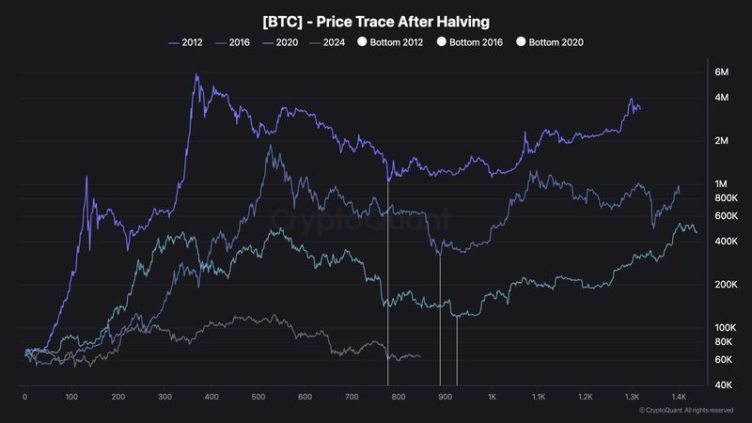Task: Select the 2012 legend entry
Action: (x=185, y=42)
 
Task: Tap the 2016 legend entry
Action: (x=232, y=42)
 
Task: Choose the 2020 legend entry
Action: (x=280, y=42)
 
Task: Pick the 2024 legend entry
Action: (x=327, y=42)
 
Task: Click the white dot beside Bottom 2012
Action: (x=362, y=41)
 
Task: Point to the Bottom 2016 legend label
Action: (x=476, y=42)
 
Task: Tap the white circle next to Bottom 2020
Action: (x=521, y=41)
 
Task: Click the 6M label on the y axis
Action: (x=721, y=72)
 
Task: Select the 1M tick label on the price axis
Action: (x=721, y=183)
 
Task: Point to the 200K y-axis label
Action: (x=726, y=285)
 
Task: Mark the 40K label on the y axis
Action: (x=723, y=384)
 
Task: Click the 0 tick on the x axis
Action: (x=25, y=397)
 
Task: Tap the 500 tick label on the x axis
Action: (x=258, y=397)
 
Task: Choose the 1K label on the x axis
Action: (x=492, y=397)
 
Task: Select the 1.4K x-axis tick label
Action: (x=679, y=397)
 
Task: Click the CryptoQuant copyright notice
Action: (x=686, y=411)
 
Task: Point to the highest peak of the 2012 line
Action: (x=196, y=74)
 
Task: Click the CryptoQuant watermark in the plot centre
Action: (x=361, y=219)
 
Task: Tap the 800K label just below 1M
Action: (x=726, y=198)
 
